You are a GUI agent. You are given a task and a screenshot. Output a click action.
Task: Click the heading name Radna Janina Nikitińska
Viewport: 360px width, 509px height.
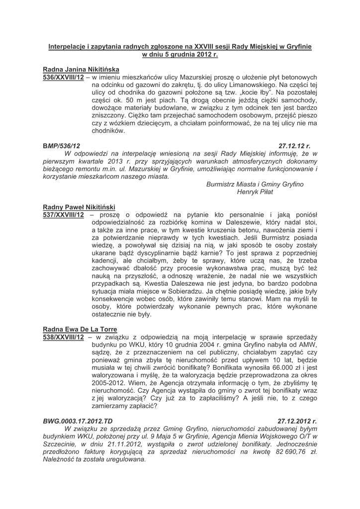click(81, 70)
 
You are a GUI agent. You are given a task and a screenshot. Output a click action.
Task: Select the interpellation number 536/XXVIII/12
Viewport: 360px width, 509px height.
click(63, 78)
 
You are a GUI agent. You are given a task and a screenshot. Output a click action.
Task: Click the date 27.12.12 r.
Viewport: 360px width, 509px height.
click(294, 147)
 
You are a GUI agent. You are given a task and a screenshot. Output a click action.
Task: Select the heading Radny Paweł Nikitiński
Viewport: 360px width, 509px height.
click(79, 207)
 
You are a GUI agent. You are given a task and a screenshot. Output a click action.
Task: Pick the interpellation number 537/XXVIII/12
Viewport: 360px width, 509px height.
click(63, 215)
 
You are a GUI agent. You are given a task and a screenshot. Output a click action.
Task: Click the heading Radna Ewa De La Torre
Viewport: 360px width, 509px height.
click(80, 329)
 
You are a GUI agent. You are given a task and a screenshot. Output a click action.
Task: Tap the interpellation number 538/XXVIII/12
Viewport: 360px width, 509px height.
click(63, 337)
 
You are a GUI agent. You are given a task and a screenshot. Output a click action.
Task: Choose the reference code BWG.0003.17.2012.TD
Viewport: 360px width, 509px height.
click(78, 421)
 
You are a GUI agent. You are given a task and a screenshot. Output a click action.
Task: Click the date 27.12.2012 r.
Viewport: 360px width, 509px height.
click(297, 421)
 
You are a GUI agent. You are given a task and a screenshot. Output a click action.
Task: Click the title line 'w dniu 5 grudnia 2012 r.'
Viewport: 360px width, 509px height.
click(180, 54)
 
